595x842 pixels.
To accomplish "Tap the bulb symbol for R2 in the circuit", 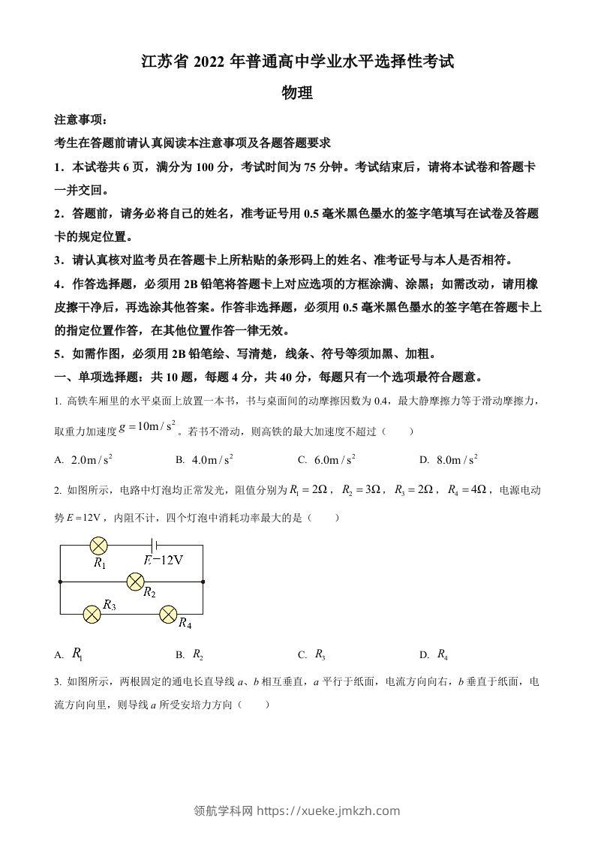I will [x=136, y=580].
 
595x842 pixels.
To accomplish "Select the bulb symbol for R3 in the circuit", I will [x=92, y=614].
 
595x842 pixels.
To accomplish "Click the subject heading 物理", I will [x=296, y=93].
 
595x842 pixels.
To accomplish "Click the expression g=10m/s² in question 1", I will [x=147, y=428].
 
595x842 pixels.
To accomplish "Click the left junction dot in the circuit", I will [x=60, y=580].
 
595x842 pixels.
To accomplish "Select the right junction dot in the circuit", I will [x=203, y=580].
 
